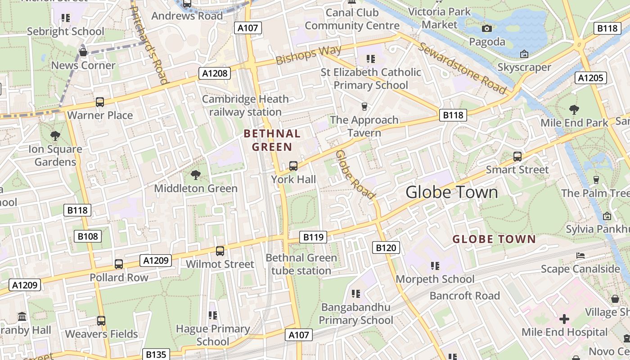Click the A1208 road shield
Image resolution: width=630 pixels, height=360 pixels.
click(x=214, y=73)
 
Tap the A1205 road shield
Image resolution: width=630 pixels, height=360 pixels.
click(x=590, y=78)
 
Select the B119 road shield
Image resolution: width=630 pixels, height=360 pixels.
click(x=313, y=237)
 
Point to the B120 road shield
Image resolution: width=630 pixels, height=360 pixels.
click(x=386, y=247)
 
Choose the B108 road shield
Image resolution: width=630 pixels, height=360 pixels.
click(x=88, y=236)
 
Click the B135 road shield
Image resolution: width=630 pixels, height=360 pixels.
click(x=156, y=354)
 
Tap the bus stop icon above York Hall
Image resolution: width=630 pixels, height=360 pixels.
click(x=293, y=166)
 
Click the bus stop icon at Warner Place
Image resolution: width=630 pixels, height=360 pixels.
click(x=100, y=102)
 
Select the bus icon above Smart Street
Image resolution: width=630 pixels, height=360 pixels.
click(x=517, y=157)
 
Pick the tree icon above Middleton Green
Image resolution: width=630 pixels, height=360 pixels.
click(x=195, y=175)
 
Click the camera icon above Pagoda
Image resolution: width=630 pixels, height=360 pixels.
click(x=487, y=29)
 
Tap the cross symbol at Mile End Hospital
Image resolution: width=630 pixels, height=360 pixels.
click(x=564, y=319)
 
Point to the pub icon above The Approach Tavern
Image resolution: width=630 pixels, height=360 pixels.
click(x=364, y=107)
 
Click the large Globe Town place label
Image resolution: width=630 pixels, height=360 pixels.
click(x=452, y=192)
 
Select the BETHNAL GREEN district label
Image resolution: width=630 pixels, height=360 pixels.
click(x=272, y=140)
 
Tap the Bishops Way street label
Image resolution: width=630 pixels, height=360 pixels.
click(x=309, y=55)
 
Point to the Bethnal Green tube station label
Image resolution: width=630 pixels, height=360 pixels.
click(x=301, y=264)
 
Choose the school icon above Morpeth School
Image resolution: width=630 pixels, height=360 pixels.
click(x=435, y=266)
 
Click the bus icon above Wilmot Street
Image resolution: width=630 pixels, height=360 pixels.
click(x=220, y=251)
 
